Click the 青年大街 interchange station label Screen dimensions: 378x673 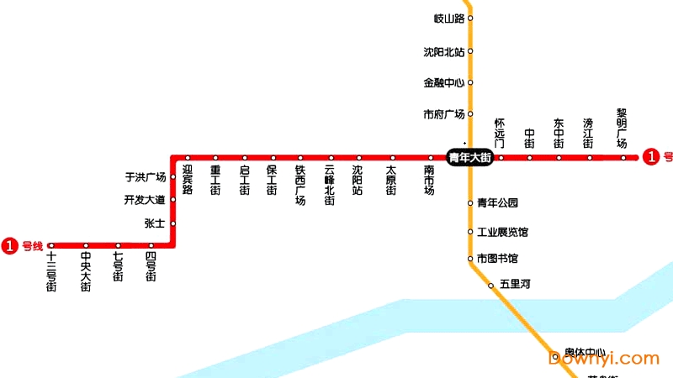coord(469,157)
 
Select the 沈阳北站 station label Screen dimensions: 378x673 coord(444,51)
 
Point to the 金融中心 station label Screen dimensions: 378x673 coord(444,82)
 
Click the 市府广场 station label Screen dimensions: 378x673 coord(444,114)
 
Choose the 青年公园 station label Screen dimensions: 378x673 coord(497,202)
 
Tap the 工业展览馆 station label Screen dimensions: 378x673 coord(502,232)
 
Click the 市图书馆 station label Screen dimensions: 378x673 coord(497,258)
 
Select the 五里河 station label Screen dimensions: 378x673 coord(515,285)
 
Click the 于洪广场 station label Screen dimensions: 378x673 coord(146,177)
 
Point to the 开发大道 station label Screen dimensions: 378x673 coord(146,200)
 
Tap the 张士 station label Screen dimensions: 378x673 coord(155,223)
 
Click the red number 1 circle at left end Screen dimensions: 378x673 coord(10,246)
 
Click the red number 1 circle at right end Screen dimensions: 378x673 coord(651,156)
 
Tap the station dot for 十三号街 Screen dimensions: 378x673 coord(51,246)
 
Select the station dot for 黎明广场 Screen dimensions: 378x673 coord(623,157)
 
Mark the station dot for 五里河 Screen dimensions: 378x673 coord(490,286)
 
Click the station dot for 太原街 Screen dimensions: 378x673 coord(392,157)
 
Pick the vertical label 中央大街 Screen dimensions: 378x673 coord(86,271)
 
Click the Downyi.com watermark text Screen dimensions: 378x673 coord(603,359)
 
